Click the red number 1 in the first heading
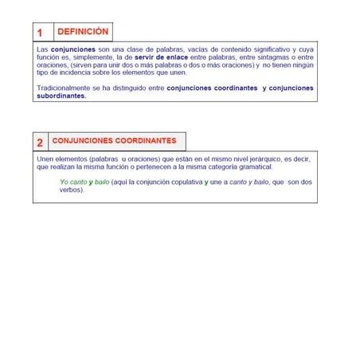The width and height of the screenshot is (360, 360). [40, 33]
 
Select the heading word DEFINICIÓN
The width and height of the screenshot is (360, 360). [83, 32]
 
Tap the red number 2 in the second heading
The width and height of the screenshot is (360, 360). [40, 143]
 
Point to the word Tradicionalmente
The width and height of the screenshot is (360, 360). [65, 88]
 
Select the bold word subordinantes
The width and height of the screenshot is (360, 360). [61, 96]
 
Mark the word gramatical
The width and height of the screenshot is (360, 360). [254, 167]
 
